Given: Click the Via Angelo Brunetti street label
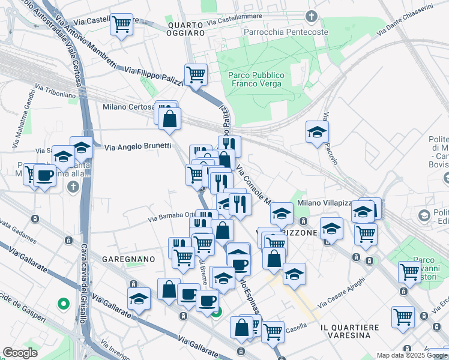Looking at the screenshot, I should coord(137,146).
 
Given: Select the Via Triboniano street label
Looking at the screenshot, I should coord(55,91).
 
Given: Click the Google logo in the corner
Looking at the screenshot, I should coord(20,353).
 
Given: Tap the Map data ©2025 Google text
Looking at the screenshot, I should coord(412,355).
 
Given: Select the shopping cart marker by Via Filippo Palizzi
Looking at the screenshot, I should coord(196,75).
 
